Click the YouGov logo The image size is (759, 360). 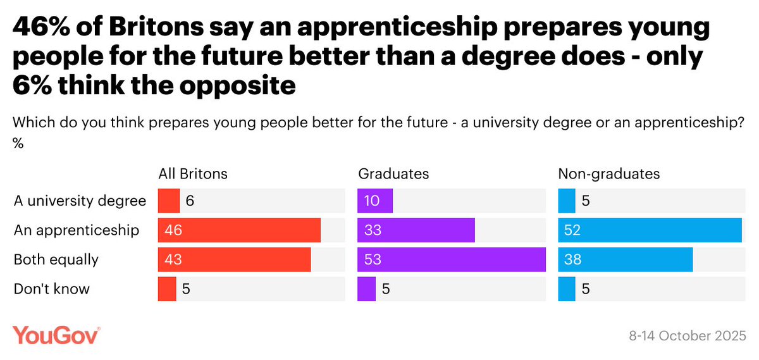point(56,335)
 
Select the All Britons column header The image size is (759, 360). point(192,174)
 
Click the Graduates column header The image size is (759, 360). point(393,174)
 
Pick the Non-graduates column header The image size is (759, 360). point(608,174)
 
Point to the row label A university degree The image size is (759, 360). point(80,201)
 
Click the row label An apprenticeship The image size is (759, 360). point(77,230)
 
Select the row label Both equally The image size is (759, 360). point(56,259)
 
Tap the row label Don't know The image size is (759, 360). point(52,289)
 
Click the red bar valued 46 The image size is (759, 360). point(239,230)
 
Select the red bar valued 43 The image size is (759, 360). point(234,259)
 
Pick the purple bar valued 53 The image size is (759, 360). point(451,259)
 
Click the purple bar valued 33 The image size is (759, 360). point(416,230)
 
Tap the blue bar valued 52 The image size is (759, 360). point(650,230)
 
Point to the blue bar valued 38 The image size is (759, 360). point(625,259)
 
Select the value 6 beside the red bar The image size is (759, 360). point(190,201)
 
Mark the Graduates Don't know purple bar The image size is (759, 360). point(366,289)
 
